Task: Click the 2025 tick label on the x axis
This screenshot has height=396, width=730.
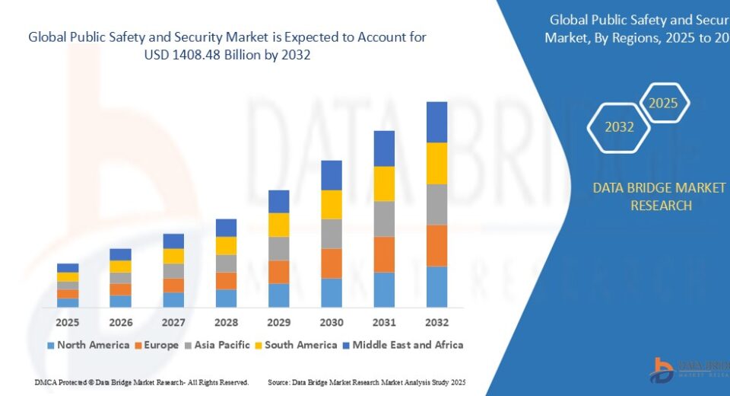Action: pyautogui.click(x=68, y=322)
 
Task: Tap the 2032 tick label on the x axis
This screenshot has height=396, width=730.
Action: pyautogui.click(x=436, y=322)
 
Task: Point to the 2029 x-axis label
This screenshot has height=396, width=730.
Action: pyautogui.click(x=279, y=322)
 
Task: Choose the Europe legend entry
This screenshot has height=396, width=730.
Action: pyautogui.click(x=157, y=345)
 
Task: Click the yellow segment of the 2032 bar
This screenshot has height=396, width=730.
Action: pyautogui.click(x=436, y=163)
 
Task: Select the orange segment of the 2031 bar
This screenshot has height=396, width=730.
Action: pyautogui.click(x=384, y=254)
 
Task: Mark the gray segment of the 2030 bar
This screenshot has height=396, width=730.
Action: pyautogui.click(x=332, y=234)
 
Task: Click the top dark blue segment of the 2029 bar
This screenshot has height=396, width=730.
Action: pyautogui.click(x=279, y=201)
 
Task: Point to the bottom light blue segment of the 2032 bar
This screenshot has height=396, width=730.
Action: pyautogui.click(x=436, y=286)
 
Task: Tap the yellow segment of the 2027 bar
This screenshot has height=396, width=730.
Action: pyautogui.click(x=173, y=256)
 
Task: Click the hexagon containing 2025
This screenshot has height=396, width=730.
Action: pyautogui.click(x=663, y=104)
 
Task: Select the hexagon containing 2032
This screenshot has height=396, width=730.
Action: pyautogui.click(x=619, y=127)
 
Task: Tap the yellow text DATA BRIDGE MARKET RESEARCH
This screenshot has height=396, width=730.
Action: pyautogui.click(x=660, y=196)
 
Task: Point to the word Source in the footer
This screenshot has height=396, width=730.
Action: pyautogui.click(x=279, y=382)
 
